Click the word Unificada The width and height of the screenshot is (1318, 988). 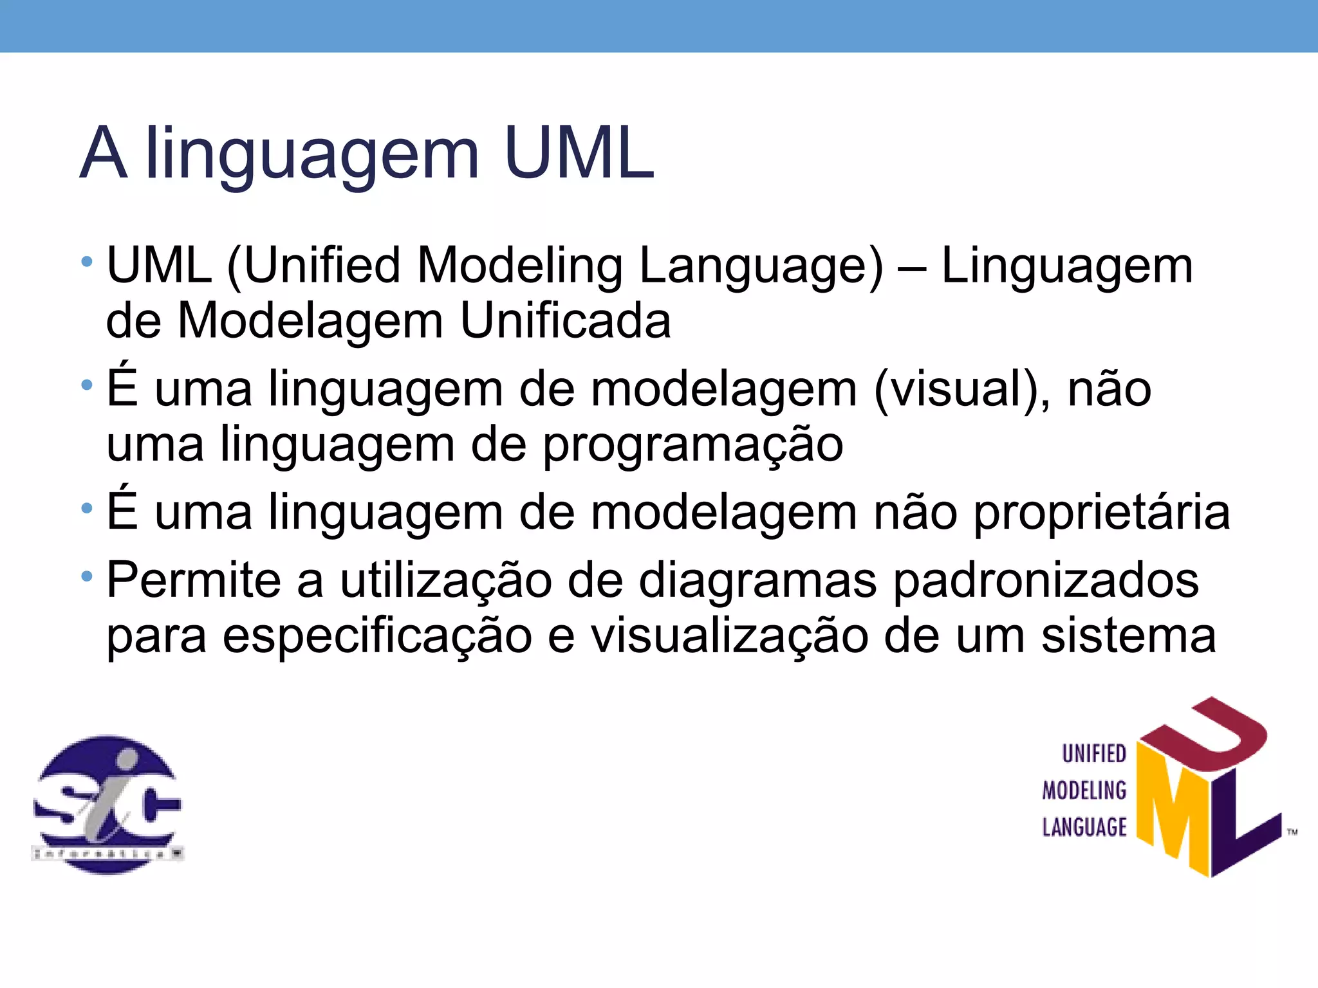point(566,320)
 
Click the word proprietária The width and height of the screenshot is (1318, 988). point(1101,513)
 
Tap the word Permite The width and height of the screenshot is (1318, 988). point(194,580)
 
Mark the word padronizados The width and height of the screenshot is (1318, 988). point(1046,581)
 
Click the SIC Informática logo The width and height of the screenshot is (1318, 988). point(107,804)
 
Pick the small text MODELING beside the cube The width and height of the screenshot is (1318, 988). point(1084,790)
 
